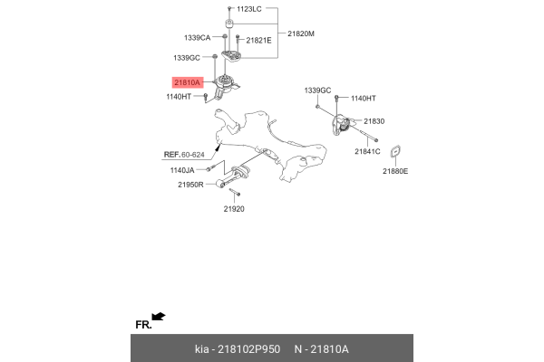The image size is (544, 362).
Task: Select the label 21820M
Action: tap(300, 33)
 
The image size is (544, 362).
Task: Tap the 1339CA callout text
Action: tap(197, 38)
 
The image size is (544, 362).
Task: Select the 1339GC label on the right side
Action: tap(318, 90)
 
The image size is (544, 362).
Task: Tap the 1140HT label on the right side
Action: tap(363, 97)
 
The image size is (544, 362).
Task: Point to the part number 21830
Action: tap(374, 121)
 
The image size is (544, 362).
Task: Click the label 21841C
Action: tap(367, 151)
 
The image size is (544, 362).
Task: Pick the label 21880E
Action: tap(395, 170)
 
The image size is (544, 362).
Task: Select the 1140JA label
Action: tap(182, 169)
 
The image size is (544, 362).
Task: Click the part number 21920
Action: tap(235, 208)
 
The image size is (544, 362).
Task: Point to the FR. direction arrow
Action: tap(159, 316)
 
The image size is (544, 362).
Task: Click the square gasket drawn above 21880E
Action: tap(396, 152)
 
